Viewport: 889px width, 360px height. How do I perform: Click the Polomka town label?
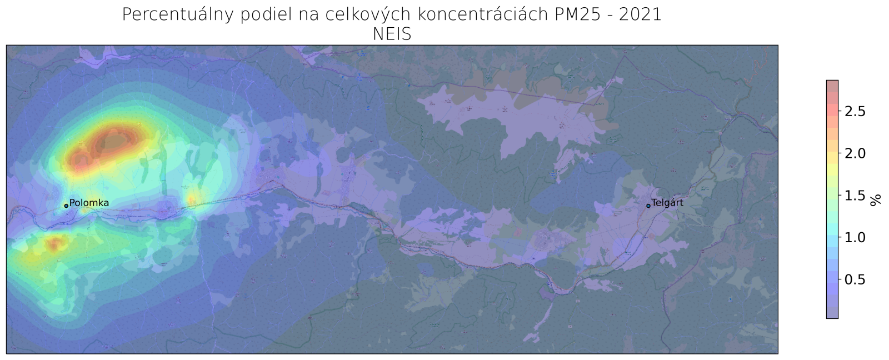[89, 203]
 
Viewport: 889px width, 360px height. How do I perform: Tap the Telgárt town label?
[667, 203]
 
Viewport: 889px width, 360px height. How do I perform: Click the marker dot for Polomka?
[66, 206]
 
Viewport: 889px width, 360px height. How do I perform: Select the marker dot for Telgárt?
[648, 206]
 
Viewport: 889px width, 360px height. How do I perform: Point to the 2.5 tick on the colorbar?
[855, 112]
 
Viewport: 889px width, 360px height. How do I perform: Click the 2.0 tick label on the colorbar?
[855, 153]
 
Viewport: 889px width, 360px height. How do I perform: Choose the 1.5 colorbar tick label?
[855, 196]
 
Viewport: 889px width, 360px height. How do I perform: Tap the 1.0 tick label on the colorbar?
[855, 237]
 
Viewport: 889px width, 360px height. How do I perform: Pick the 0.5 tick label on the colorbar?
[855, 279]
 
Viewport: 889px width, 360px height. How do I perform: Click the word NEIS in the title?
[392, 34]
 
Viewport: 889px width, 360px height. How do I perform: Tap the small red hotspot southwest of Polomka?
[55, 243]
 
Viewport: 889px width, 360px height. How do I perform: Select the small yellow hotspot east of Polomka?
[194, 197]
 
